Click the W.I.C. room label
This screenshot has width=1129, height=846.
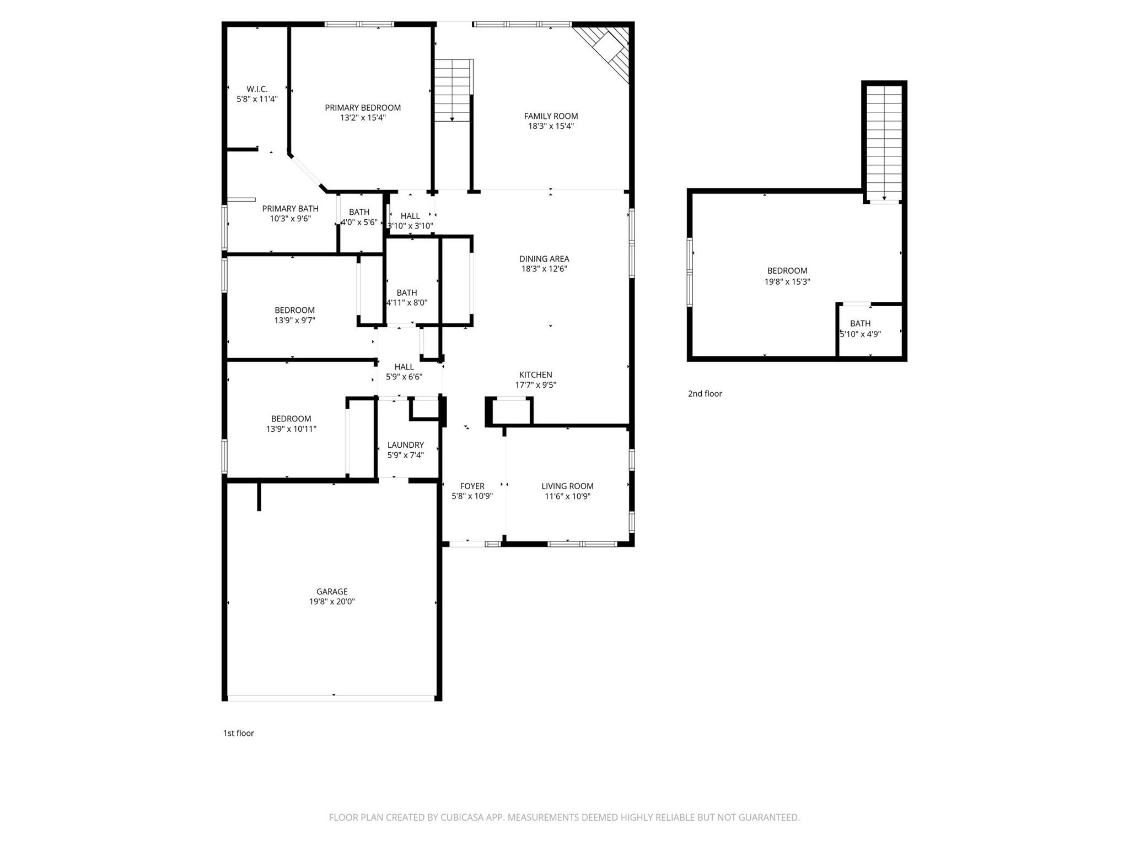coord(257,89)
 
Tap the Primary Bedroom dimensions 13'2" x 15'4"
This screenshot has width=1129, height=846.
coord(363,118)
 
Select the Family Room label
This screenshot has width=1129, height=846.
coord(551,116)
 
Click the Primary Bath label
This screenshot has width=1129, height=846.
coord(290,209)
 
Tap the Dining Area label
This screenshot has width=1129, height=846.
coord(544,259)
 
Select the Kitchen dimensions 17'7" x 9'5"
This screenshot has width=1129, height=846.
coord(535,385)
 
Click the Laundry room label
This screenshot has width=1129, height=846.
coord(405,445)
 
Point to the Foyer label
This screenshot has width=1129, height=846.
coord(472,486)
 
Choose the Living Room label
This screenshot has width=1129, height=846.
coord(567,486)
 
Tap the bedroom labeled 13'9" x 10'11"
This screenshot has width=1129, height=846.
coord(291,424)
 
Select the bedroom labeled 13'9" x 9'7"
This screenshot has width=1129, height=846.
coord(294,315)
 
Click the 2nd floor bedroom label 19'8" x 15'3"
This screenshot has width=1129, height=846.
coord(787,276)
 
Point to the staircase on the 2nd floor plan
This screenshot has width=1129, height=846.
coord(884,143)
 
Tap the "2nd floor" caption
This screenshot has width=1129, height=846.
coord(705,394)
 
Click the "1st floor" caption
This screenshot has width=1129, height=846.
coord(238,733)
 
